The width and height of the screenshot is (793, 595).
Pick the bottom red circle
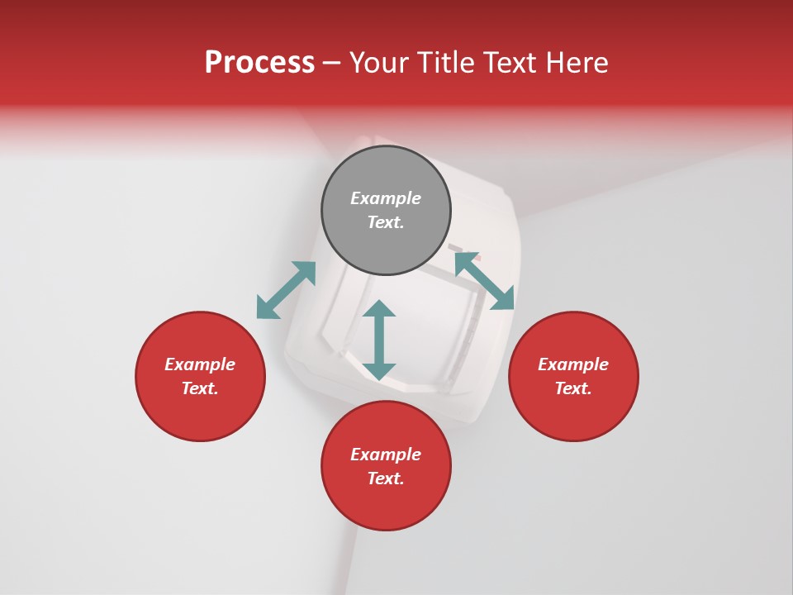386,504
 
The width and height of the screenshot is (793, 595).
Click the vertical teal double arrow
379,340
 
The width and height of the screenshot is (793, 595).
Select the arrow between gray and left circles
286,290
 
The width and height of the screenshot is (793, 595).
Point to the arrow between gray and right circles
484,281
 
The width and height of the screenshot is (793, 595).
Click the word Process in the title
259,63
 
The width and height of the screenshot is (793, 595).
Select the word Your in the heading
379,63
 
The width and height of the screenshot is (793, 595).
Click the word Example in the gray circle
386,198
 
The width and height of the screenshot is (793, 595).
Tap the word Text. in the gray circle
386,222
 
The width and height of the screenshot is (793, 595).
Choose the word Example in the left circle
200,364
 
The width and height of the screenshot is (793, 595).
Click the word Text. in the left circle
200,388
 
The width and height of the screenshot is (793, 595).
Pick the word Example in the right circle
573,364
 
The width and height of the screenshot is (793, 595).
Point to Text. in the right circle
573,388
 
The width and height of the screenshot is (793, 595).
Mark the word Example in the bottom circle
386,455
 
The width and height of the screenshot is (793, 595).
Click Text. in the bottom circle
386,478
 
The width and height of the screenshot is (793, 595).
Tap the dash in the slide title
332,63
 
